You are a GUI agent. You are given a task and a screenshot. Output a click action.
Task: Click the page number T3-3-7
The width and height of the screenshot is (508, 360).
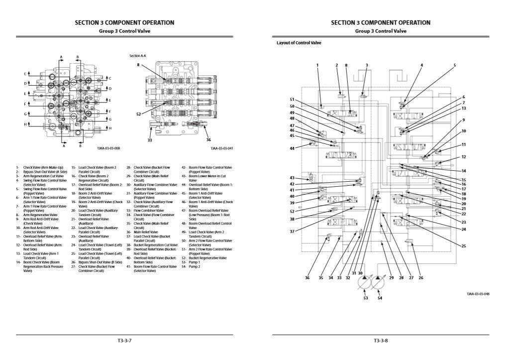coord(124,341)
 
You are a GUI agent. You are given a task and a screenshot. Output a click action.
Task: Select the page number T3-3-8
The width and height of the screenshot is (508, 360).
coord(381,341)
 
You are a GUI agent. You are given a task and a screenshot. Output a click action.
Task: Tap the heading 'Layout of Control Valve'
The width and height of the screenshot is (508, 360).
coord(299,43)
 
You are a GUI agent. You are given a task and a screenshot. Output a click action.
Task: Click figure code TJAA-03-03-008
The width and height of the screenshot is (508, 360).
coord(109,148)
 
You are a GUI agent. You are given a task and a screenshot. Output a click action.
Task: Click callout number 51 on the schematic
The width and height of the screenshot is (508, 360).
coord(292,99)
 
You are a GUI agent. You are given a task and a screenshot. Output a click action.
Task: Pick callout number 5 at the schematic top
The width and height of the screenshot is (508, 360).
coord(454,65)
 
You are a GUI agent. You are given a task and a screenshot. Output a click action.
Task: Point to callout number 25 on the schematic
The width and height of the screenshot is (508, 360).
coord(463,246)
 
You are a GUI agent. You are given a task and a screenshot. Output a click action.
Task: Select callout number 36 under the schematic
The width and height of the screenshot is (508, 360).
coord(307,278)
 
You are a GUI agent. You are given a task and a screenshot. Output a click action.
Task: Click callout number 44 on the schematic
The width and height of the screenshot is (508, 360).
coord(292,148)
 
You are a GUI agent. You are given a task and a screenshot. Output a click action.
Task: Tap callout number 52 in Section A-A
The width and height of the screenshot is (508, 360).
coord(138,114)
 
